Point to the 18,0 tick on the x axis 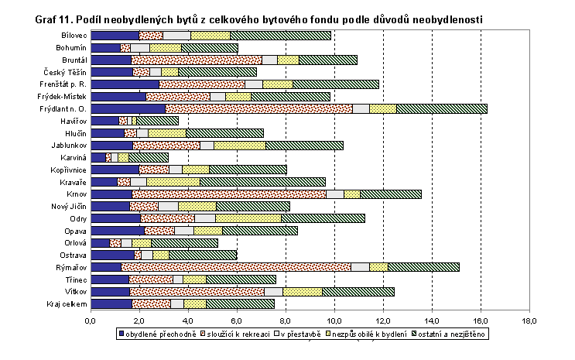coord(529,319)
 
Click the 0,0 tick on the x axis coord(91,319)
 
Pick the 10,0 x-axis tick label coord(334,319)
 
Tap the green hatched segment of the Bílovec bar coord(280,36)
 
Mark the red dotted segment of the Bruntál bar coord(197,60)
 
